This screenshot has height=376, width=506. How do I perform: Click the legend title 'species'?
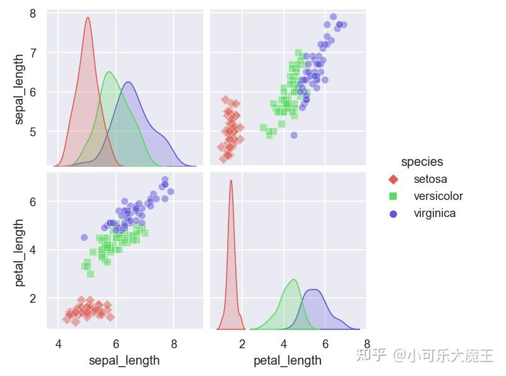pos(421,162)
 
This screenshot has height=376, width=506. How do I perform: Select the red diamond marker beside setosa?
pos(394,179)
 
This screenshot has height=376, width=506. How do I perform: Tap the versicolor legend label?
pos(438,196)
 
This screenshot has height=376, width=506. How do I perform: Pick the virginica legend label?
pos(434,213)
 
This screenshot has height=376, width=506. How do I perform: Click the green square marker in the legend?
pos(394,196)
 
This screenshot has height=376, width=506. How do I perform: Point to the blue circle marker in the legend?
pos(394,213)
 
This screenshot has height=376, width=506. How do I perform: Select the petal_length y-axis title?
pos(20,252)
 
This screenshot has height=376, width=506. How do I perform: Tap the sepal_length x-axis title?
pos(124,361)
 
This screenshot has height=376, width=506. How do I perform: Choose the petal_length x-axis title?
pos(287,361)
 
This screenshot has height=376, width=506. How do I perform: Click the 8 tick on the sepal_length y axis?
pos(33,13)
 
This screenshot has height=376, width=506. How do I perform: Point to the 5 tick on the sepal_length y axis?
pos(33,132)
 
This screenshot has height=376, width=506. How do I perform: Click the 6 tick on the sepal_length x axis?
pos(116,344)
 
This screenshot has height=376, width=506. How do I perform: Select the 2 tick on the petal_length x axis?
pos(242,344)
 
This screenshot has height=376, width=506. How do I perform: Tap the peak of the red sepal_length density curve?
pos(88,18)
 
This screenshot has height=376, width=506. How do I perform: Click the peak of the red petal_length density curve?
pos(231,180)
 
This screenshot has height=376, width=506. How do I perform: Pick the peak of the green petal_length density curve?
pos(293,279)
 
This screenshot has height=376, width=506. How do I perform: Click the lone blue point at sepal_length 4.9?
pos(84,237)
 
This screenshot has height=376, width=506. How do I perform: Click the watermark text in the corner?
pos(424,355)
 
